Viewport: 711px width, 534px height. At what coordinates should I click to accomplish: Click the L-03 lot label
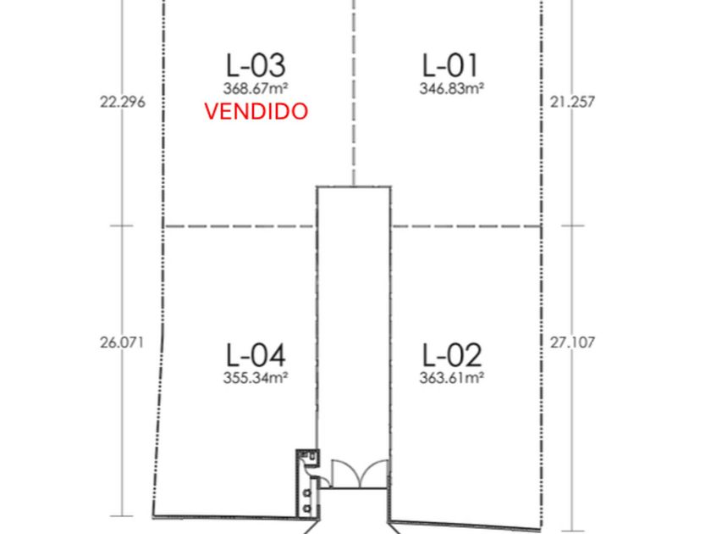(x=256, y=65)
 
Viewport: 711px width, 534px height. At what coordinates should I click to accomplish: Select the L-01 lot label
(x=449, y=65)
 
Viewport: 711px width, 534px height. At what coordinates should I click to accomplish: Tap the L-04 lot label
(x=256, y=355)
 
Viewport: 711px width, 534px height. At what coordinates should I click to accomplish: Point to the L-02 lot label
(x=452, y=355)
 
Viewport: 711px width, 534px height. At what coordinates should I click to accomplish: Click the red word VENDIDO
(x=256, y=111)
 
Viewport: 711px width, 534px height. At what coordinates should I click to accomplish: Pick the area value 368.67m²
(x=256, y=88)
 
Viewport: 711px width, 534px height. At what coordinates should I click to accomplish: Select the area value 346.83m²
(x=452, y=88)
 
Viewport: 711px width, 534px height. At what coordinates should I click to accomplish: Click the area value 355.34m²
(x=256, y=378)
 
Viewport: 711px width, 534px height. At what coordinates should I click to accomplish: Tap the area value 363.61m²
(x=452, y=378)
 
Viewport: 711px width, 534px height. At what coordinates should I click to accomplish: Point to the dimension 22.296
(x=123, y=102)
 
